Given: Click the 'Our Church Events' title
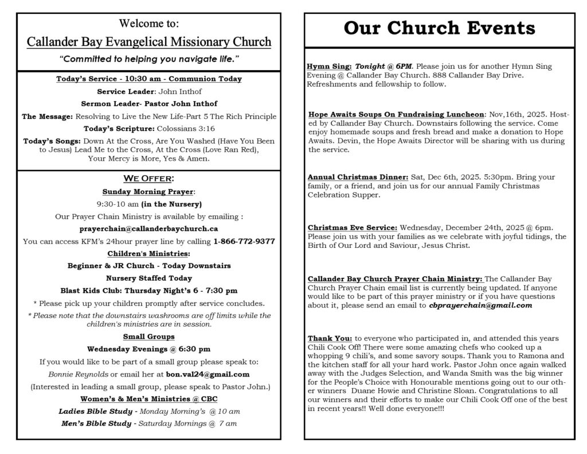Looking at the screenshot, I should pyautogui.click(x=439, y=28).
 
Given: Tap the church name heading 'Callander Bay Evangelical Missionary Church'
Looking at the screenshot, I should pyautogui.click(x=149, y=42).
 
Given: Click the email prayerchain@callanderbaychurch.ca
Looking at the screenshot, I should pyautogui.click(x=148, y=228).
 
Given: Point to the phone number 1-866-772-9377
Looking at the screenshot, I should pyautogui.click(x=244, y=241).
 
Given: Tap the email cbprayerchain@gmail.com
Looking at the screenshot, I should pyautogui.click(x=480, y=305).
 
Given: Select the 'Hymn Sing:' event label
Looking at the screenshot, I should pyautogui.click(x=330, y=67).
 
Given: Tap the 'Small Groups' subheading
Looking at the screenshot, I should pyautogui.click(x=148, y=336).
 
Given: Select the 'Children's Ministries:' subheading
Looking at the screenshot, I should pyautogui.click(x=148, y=253).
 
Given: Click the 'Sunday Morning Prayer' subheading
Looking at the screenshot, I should pyautogui.click(x=148, y=191).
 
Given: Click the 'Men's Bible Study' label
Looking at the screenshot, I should pyautogui.click(x=96, y=424).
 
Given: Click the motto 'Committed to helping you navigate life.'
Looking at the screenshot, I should pyautogui.click(x=148, y=59).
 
